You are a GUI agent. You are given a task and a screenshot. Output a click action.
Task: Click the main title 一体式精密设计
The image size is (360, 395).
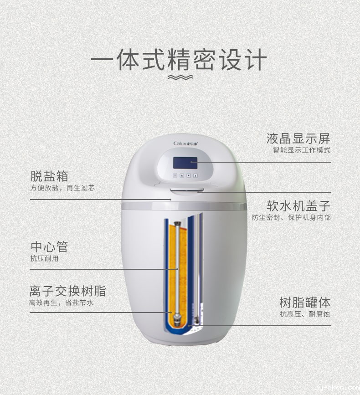pos(179,60)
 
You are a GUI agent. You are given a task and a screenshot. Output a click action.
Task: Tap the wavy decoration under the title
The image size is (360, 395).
pos(180,77)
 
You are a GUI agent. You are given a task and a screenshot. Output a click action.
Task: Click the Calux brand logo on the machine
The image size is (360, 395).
pos(186,144)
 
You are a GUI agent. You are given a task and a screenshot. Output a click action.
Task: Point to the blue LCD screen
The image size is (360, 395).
pos(185,163)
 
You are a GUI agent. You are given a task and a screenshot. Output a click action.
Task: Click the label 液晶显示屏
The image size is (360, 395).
pos(298,139)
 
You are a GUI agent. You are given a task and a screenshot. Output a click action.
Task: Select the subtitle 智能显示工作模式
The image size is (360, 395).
pos(302,150)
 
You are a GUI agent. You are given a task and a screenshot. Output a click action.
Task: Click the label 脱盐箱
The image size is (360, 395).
pos(49,176)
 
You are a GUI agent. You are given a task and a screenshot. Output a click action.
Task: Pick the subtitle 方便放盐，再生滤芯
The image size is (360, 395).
pos(62,188)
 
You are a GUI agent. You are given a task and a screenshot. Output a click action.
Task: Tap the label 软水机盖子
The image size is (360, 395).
pos(298,206)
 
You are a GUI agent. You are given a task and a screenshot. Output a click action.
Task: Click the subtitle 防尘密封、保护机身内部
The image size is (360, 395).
pos(291,217)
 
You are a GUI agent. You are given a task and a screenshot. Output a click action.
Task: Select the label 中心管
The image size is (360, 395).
pos(49,247)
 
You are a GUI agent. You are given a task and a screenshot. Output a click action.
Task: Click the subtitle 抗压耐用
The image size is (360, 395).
pos(44,258)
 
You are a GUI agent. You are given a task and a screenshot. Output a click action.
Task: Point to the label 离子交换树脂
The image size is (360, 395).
pos(67,291)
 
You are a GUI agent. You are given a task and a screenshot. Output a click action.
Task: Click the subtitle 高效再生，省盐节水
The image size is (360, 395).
pos(61,303)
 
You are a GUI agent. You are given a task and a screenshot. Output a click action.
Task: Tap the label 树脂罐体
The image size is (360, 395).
pos(305,303)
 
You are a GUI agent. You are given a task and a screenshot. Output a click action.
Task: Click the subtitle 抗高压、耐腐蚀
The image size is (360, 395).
pos(305,314)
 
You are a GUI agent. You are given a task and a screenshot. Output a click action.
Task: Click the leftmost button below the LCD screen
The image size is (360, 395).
pos(175,175)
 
